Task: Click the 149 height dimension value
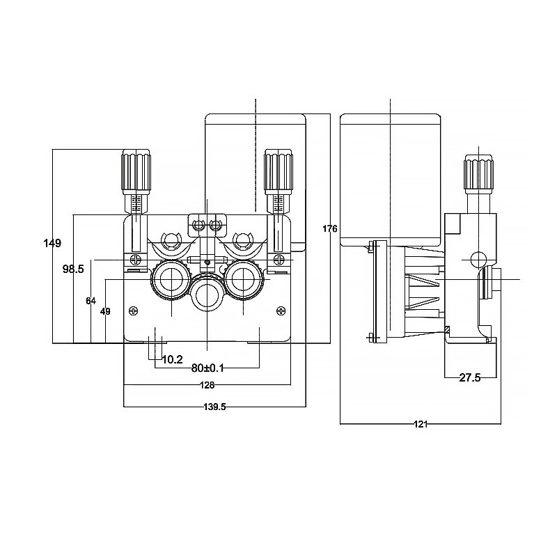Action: (52, 243)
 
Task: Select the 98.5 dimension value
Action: (73, 268)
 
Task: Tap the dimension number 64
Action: (91, 301)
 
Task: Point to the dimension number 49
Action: (106, 311)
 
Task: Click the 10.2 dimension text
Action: (172, 360)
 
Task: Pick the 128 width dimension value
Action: (207, 385)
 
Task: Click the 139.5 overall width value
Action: (213, 407)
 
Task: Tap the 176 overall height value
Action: (330, 229)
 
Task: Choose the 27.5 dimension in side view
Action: (470, 377)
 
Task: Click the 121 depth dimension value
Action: (421, 423)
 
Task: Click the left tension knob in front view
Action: (136, 171)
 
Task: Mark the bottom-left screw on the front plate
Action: (134, 311)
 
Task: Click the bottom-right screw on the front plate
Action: (281, 311)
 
